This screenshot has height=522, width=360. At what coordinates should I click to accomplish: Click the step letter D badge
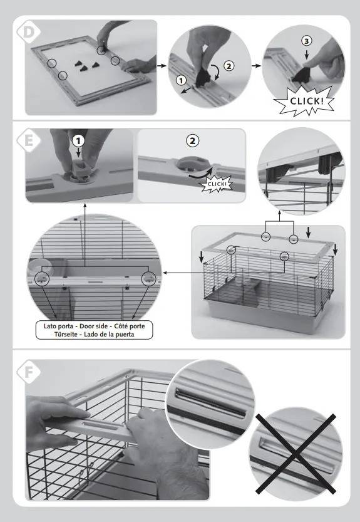pos(29,32)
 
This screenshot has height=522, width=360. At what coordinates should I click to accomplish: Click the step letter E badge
pos(29,140)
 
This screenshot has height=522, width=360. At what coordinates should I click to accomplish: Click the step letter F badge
pos(29,372)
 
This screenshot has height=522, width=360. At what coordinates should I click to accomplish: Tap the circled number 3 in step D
pos(306,41)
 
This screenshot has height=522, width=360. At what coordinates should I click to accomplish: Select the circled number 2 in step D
pos(229,66)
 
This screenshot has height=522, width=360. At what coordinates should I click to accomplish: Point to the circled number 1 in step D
pos(181,80)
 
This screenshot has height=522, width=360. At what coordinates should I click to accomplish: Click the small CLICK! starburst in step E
pos(217,184)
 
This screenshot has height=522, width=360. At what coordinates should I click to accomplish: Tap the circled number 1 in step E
pos(78,141)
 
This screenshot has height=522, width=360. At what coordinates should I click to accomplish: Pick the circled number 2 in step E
pos(192,141)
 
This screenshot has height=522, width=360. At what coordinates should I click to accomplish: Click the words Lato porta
pos(58,326)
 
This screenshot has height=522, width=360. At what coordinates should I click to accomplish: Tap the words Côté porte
pos(130,326)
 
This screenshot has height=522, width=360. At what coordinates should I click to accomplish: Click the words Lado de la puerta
pos(109,334)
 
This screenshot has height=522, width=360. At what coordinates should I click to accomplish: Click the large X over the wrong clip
pos(296,454)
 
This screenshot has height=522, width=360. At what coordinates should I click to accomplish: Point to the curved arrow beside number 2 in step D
pos(216,73)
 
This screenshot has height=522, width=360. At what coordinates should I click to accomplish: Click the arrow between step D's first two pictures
pos(162,66)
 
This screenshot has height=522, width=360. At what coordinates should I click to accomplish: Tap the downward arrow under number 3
pos(306,54)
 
